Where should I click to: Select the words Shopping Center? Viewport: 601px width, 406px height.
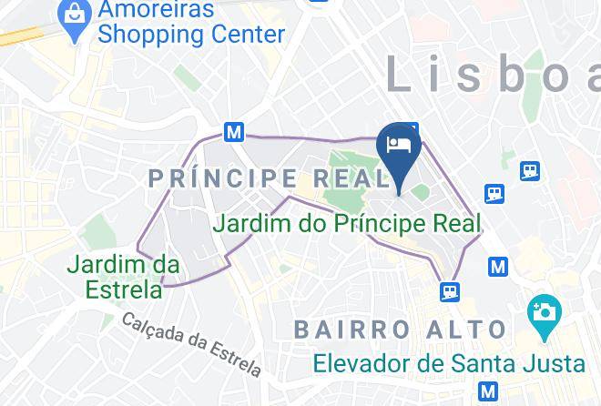pos(191,36)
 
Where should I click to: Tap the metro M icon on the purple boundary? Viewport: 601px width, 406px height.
pos(234,132)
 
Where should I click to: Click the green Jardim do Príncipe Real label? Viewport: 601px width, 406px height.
pos(346,222)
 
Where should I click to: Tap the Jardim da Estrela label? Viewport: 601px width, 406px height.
pos(123,277)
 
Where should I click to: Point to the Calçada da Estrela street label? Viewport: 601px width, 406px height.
pos(191,343)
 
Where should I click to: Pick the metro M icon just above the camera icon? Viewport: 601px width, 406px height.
pos(497,267)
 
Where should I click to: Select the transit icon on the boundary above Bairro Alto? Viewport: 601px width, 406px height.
pos(449,291)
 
